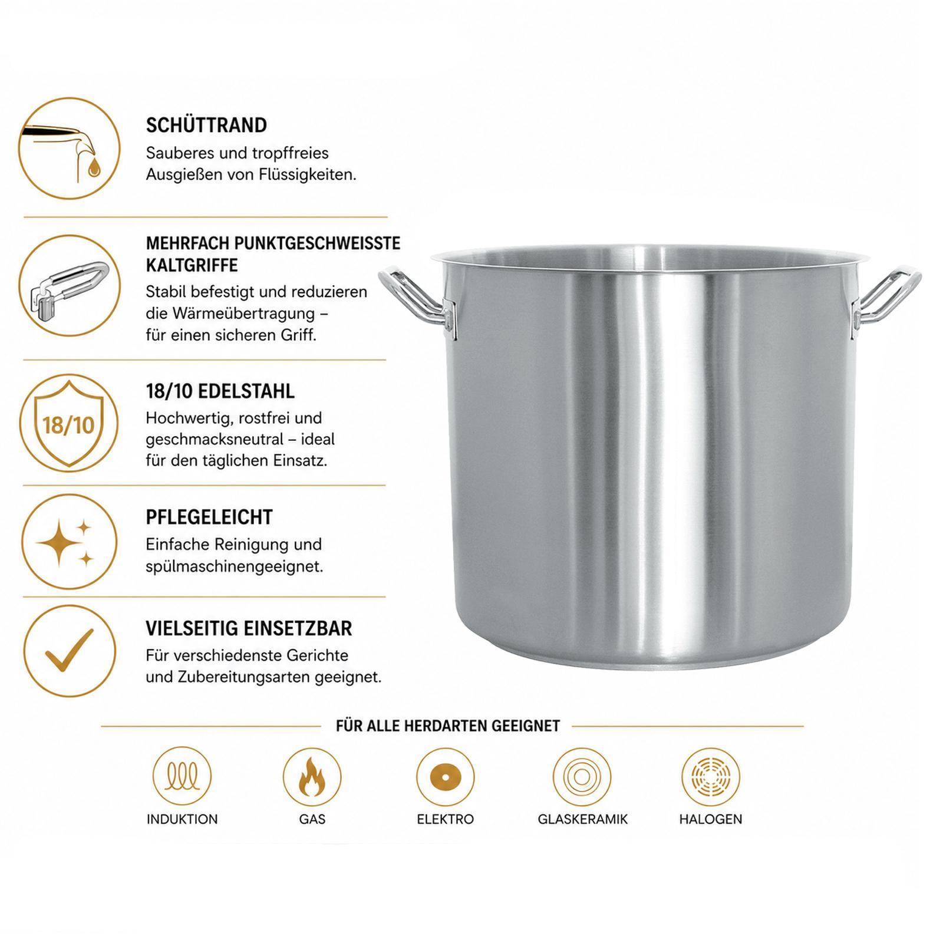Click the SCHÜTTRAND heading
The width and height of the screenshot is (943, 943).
point(206,125)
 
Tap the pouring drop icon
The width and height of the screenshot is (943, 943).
point(70,149)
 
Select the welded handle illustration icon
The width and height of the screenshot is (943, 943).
point(70,286)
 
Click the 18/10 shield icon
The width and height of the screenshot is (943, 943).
point(70,423)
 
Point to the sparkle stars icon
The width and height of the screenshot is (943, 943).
point(70,542)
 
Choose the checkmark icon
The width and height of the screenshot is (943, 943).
point(70,651)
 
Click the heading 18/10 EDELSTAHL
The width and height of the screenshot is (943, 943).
point(220,391)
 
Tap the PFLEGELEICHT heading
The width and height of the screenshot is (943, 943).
point(209,517)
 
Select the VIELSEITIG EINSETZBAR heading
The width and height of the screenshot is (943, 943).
point(249,628)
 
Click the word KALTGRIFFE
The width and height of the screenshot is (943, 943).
point(192,265)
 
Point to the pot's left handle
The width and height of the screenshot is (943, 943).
point(416,302)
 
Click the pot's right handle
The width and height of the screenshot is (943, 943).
point(886,302)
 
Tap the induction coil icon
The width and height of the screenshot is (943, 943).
point(182,775)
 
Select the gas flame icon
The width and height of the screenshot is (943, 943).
point(312,775)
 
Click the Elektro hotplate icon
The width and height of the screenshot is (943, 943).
point(445,775)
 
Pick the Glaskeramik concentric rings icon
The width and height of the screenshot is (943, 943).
point(582,775)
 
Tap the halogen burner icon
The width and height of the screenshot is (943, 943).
point(710,775)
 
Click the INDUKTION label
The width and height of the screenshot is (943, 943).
point(182,819)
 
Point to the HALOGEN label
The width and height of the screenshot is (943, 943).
point(710,819)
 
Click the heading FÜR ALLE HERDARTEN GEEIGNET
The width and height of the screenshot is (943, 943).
point(448,726)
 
